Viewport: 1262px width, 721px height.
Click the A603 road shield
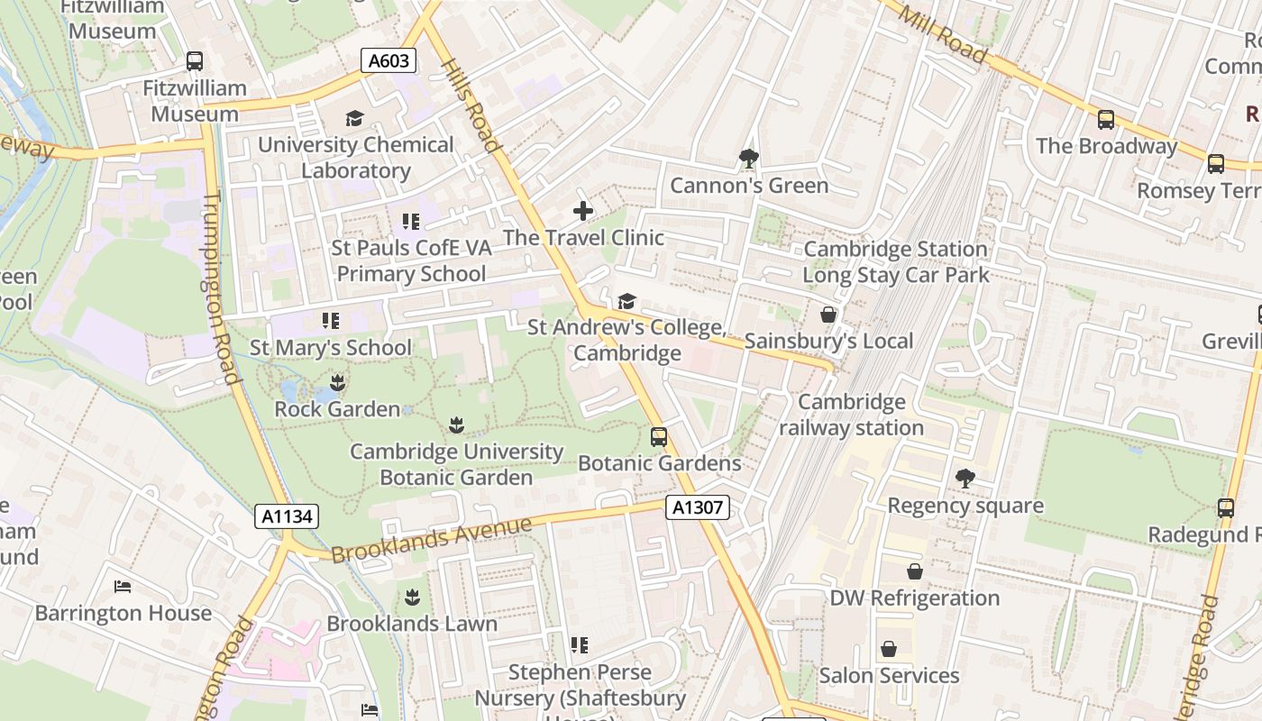[389, 61]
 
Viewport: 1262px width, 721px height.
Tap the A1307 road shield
[698, 507]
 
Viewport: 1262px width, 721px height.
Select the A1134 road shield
[288, 516]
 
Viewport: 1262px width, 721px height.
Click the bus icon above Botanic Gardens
[659, 437]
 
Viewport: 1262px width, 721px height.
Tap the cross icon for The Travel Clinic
[583, 211]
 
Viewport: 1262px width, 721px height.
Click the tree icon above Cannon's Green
[748, 160]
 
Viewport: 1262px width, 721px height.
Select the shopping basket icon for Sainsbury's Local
[828, 315]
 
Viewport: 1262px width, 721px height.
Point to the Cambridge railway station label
[852, 415]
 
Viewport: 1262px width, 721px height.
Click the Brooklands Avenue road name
[431, 539]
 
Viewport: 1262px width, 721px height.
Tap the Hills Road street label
[471, 105]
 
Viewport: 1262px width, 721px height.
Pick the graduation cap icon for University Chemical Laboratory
[354, 119]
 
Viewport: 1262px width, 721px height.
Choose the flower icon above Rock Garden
[337, 383]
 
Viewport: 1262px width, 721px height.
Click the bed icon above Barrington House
[123, 587]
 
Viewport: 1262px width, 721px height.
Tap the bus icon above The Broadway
[1105, 120]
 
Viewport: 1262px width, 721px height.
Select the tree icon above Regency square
[965, 479]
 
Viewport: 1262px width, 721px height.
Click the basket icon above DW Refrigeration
[914, 571]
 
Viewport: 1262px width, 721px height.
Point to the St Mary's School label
[330, 347]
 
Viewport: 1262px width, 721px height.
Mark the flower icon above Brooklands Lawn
[412, 597]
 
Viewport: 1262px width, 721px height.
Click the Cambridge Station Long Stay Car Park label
[895, 261]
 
